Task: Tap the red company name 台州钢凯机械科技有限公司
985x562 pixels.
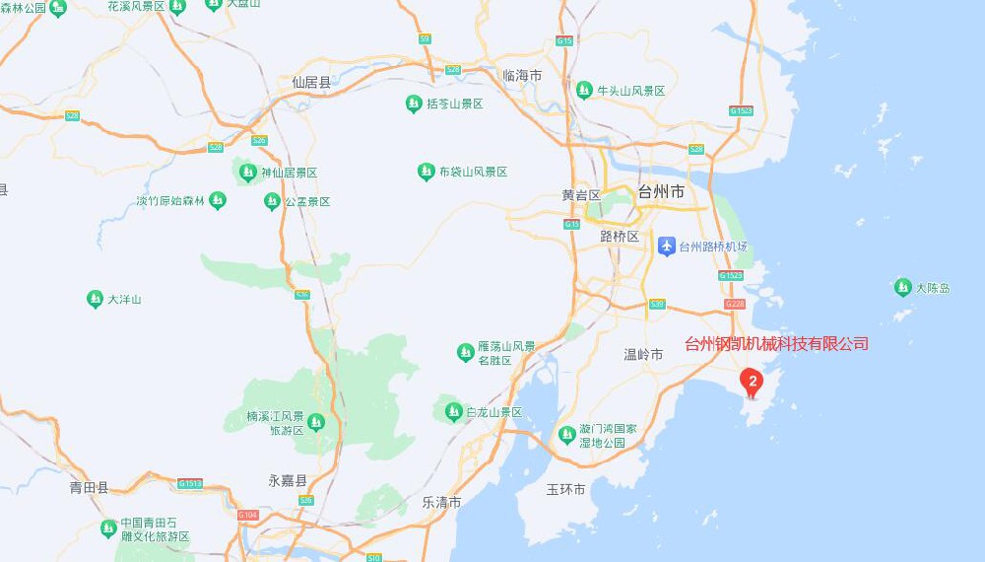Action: pos(776,344)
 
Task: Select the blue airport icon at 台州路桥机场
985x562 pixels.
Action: pos(667,246)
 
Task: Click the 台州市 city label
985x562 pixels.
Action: pos(661,192)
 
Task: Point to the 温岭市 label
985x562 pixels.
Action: pos(643,354)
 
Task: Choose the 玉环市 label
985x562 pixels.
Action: pos(566,489)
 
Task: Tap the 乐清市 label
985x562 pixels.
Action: pos(441,502)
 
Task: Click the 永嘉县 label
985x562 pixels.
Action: pos(288,481)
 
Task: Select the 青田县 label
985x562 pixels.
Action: pos(89,487)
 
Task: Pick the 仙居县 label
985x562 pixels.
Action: pos(311,83)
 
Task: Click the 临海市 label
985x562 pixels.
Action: pos(522,76)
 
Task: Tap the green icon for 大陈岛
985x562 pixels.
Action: pos(903,287)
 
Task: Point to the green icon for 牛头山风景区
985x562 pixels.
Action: pos(584,90)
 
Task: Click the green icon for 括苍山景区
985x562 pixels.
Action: pos(415,104)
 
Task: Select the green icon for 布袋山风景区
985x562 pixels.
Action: pos(427,172)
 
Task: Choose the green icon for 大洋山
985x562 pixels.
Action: pos(96,299)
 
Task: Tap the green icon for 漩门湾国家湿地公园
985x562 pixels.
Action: pos(566,434)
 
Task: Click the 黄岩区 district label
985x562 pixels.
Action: pos(581,195)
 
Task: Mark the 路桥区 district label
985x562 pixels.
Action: pos(620,237)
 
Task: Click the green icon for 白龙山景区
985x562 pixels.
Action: pos(454,412)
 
